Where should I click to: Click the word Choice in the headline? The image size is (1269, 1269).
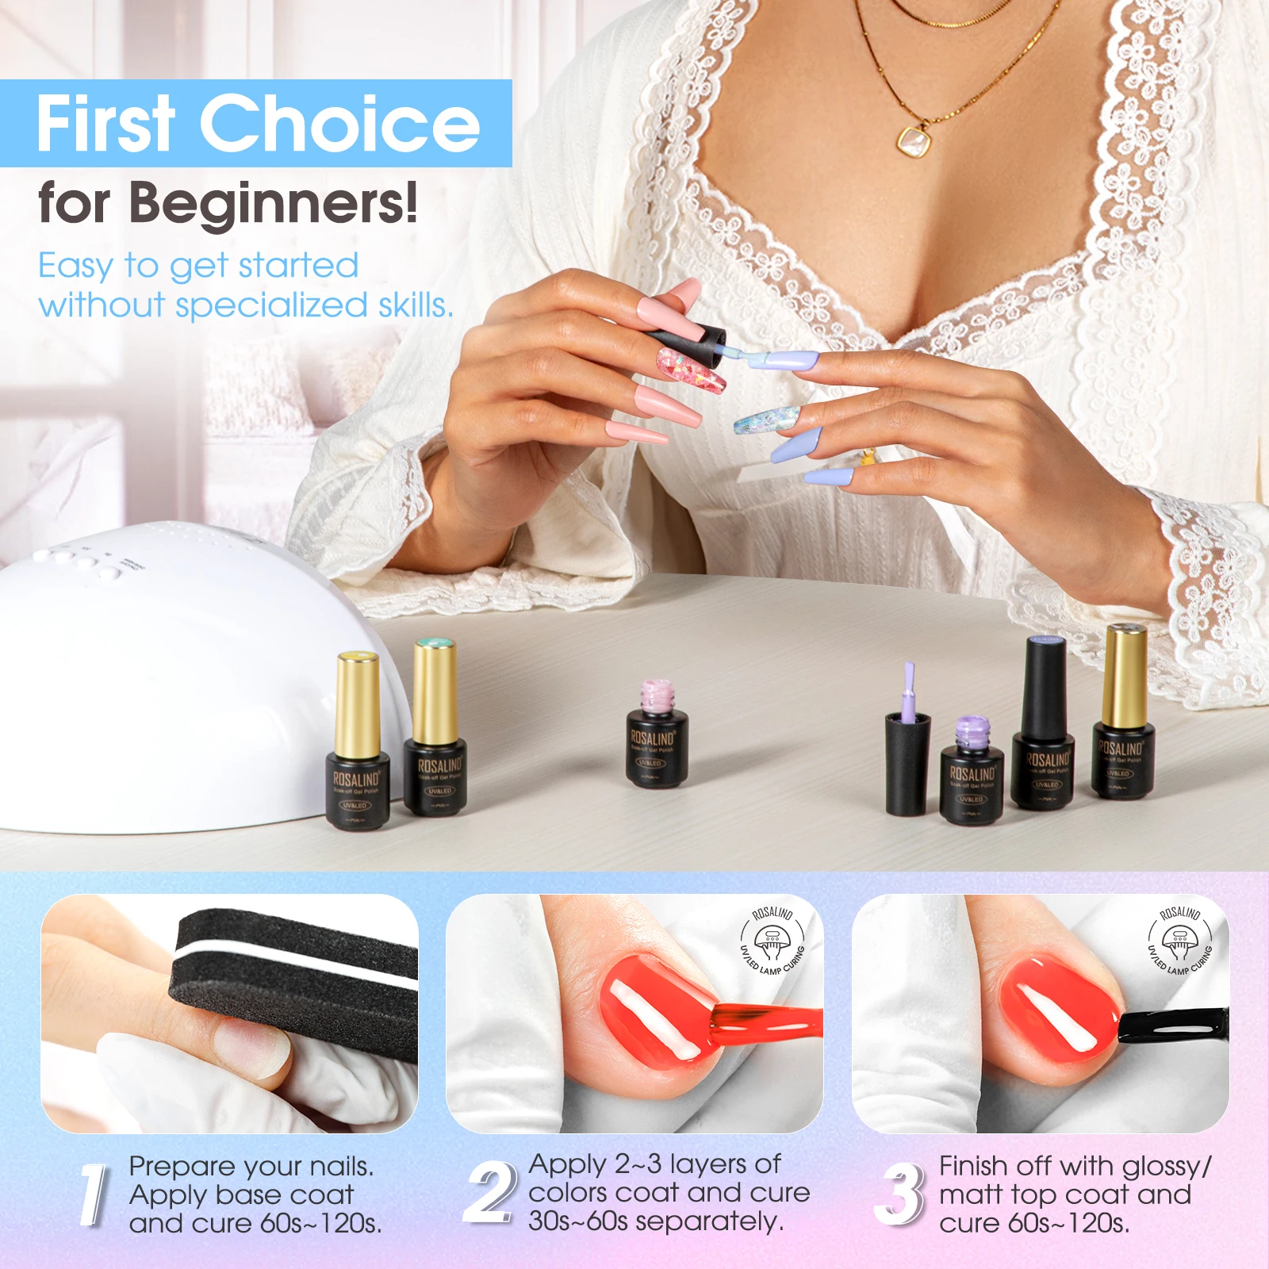(x=339, y=123)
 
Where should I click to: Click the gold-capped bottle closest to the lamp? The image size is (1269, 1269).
(x=358, y=742)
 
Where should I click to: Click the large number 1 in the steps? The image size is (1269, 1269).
(x=94, y=1194)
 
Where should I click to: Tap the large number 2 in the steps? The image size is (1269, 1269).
(x=489, y=1191)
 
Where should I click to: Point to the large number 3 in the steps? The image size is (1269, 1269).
(x=900, y=1194)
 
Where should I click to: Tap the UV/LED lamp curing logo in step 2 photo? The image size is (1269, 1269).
(x=772, y=941)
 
